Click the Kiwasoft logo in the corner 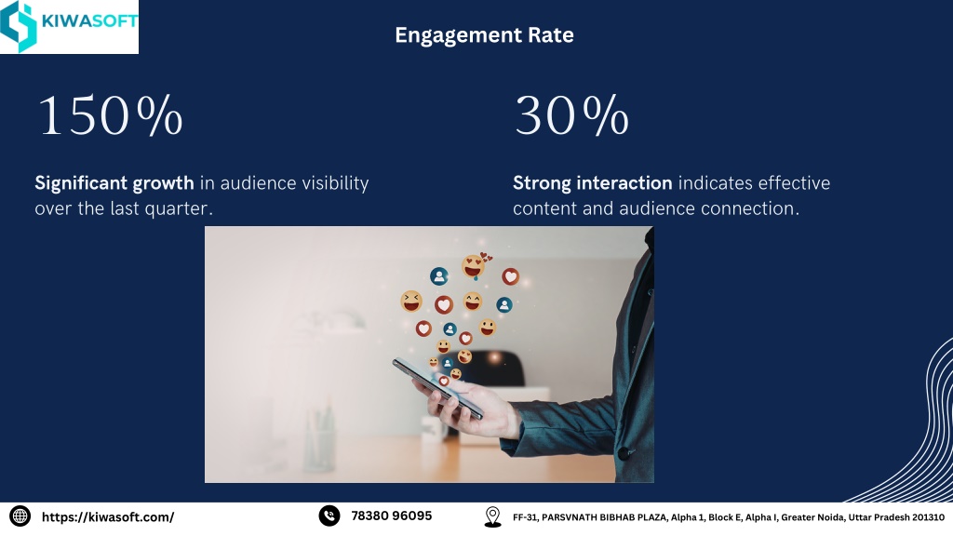(69, 26)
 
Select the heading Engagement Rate (484, 35)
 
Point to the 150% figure (111, 114)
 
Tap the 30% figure (571, 114)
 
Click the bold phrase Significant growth (114, 183)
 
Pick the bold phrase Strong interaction (593, 183)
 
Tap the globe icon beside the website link (20, 516)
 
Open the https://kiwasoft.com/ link (108, 517)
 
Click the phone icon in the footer (329, 516)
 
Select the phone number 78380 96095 (392, 516)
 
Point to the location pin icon (493, 516)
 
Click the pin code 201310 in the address (928, 517)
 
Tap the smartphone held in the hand (437, 388)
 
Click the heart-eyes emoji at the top (474, 266)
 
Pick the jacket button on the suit (623, 453)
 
